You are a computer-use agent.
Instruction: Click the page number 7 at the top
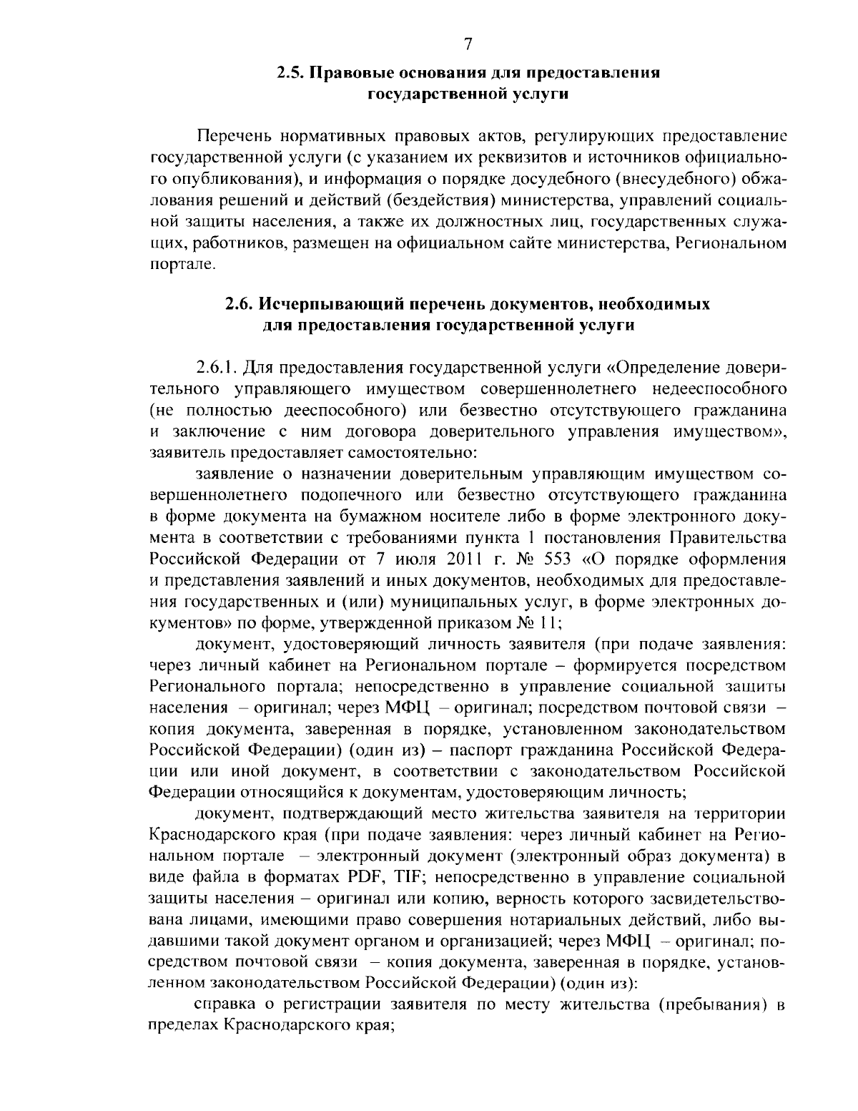coord(468,44)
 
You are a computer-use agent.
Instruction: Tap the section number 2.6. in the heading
coord(240,304)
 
